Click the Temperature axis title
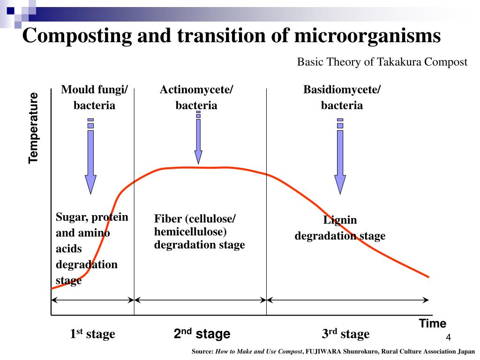click(x=33, y=128)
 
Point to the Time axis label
click(x=432, y=323)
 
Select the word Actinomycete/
click(x=196, y=90)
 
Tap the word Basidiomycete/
click(x=342, y=90)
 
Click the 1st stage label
click(x=92, y=334)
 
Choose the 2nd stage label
click(x=202, y=334)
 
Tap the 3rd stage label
click(x=345, y=334)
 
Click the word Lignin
click(x=340, y=220)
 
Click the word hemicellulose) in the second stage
click(x=190, y=232)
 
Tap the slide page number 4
click(x=448, y=338)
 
